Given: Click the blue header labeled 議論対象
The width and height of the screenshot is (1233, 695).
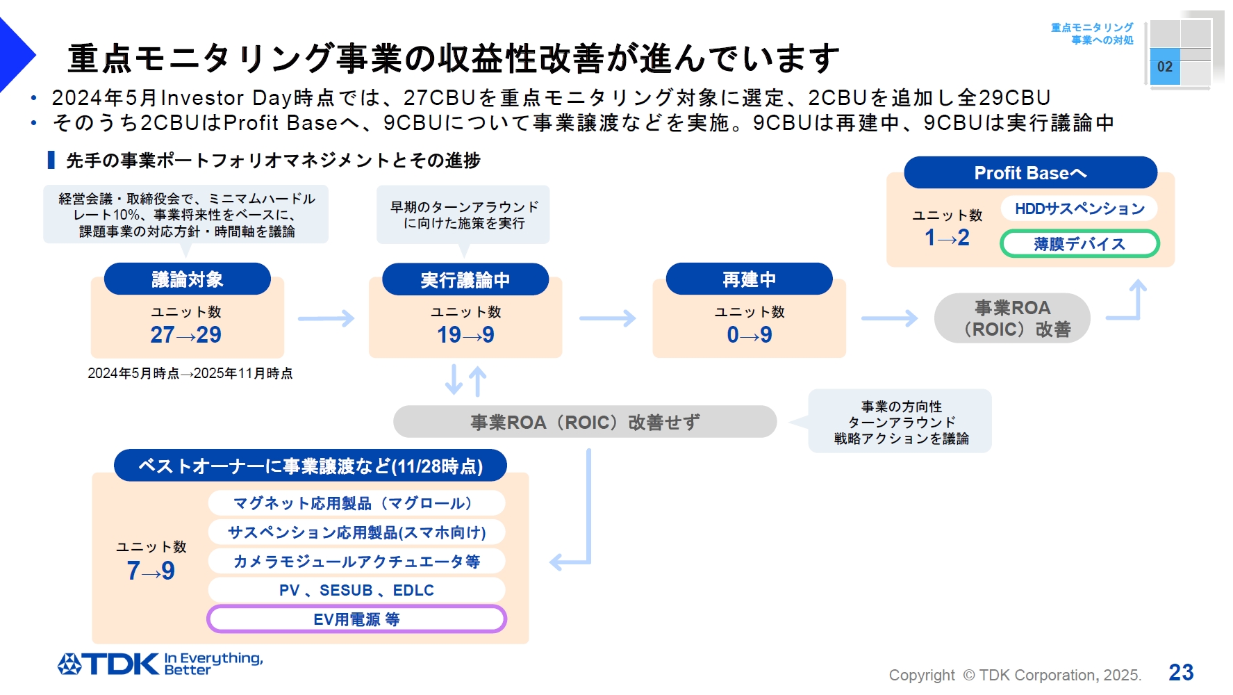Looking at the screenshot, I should point(187,279).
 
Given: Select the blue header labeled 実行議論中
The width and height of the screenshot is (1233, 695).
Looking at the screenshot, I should point(465,279).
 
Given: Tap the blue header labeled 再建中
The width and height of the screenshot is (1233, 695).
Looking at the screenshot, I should point(749,279).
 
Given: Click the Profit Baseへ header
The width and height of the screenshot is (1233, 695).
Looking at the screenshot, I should point(1030,173).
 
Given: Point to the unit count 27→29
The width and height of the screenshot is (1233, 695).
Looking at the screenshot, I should point(185,335).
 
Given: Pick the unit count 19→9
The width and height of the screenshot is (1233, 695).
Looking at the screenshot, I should point(465,335).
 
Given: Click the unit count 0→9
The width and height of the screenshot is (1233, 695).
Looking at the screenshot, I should point(749,335).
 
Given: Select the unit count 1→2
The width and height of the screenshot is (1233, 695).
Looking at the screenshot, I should point(947,238).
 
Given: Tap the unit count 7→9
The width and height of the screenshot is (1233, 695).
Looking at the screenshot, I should point(151,571).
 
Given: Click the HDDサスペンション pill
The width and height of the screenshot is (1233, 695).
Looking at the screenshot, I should point(1079,208).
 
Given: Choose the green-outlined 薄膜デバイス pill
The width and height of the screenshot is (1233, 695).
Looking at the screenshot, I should point(1079,244).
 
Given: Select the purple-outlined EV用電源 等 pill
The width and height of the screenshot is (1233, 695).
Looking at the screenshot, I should point(356,619).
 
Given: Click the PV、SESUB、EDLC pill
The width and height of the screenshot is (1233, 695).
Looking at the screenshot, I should point(356,590).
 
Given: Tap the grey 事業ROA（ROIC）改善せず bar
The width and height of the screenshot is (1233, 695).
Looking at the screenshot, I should point(584,422).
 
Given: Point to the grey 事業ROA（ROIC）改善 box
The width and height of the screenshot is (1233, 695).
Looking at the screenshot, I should point(1012,318).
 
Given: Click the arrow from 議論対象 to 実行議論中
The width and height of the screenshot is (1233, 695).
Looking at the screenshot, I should point(326,319).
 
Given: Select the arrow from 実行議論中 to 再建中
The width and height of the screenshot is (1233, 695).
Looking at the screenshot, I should point(607,319).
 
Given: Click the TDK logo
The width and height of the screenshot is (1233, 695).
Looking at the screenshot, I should point(108,664).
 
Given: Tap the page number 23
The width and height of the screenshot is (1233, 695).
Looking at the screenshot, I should point(1181,672).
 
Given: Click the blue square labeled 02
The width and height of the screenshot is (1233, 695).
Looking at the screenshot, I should point(1165,67).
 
